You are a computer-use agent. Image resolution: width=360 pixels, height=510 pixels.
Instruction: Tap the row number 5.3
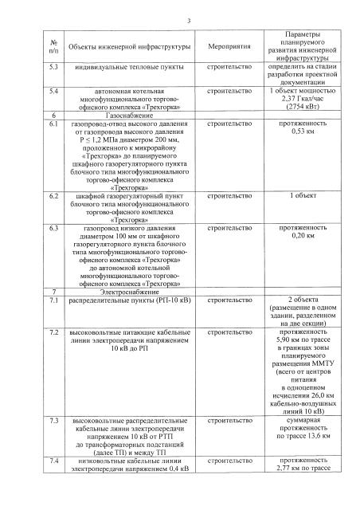click(x=54, y=69)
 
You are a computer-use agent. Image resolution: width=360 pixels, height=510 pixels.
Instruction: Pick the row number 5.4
click(x=54, y=92)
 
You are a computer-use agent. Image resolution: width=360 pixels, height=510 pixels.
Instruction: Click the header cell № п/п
click(x=53, y=49)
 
